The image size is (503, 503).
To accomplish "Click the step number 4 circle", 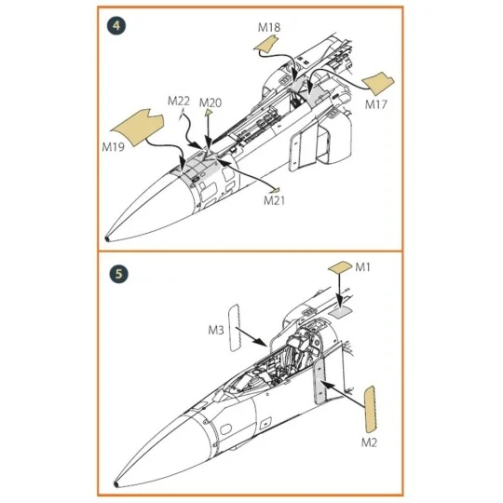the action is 116,26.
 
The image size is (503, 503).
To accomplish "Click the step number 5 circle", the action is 118,274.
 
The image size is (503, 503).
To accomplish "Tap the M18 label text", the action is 269,28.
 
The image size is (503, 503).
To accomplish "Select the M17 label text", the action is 376,104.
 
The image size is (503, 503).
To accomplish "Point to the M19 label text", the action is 113,147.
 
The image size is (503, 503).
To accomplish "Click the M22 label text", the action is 179,101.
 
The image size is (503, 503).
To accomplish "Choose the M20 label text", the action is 211,103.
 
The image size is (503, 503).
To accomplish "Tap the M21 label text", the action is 274,201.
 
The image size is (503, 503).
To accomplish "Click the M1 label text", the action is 362,267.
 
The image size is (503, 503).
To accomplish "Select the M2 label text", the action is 369,443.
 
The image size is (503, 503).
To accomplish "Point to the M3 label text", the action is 216,330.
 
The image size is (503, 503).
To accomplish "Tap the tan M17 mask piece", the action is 378,84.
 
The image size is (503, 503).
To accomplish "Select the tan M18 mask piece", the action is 265,44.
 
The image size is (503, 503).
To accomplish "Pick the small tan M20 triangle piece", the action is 209,112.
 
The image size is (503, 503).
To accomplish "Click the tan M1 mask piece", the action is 340,267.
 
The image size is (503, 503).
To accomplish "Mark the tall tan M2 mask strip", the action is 370,408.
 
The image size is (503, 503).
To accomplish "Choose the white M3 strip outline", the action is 234,328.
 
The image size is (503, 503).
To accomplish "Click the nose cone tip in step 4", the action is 106,238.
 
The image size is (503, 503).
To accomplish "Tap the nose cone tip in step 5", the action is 116,484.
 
